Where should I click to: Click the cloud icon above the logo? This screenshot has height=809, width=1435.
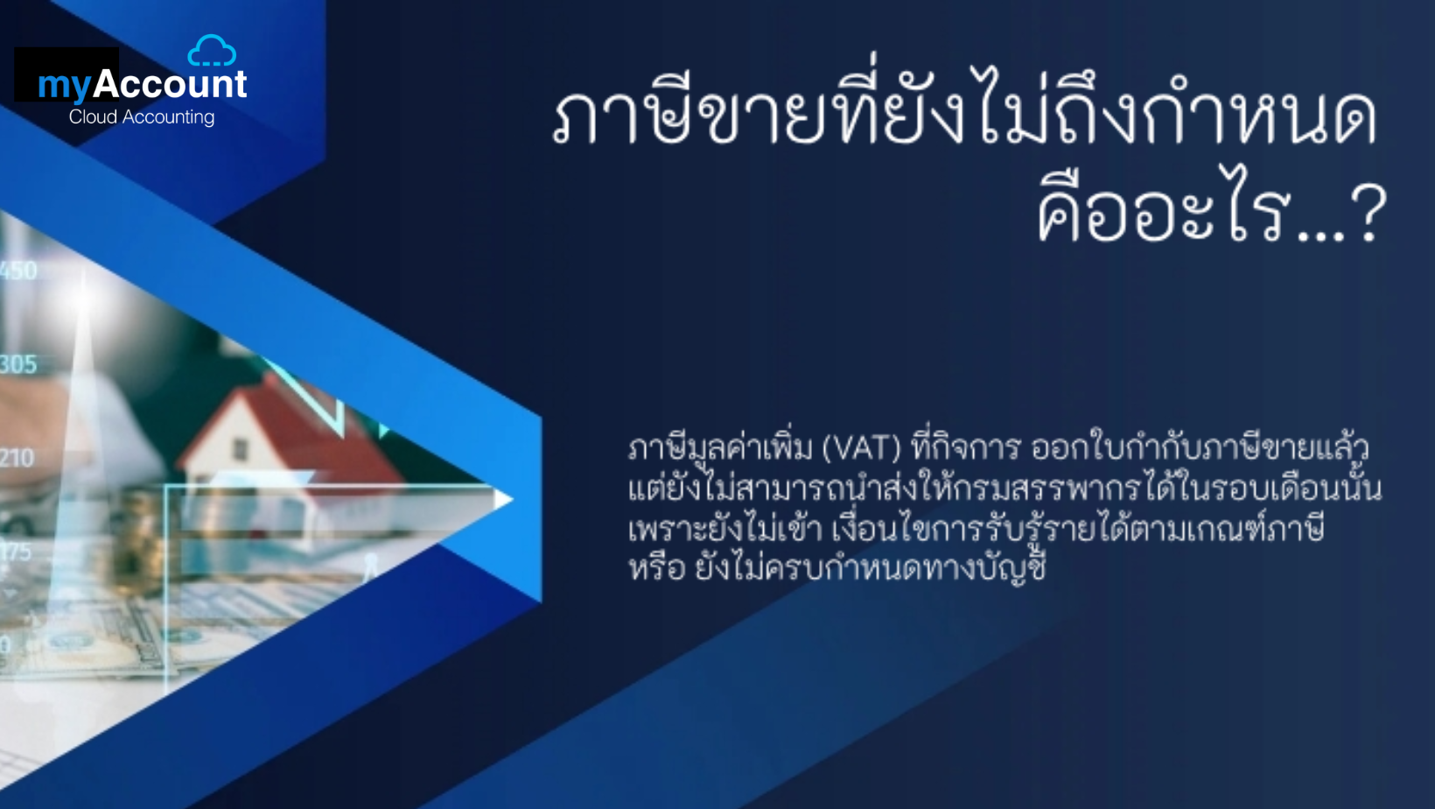(x=212, y=51)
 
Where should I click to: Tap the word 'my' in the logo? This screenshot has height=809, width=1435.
(x=65, y=86)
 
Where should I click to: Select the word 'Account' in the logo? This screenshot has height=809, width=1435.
(x=170, y=83)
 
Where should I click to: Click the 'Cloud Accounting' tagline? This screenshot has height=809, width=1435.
(x=142, y=117)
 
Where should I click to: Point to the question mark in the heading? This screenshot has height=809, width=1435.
(x=1369, y=213)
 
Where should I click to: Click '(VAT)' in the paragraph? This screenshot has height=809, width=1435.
(x=861, y=448)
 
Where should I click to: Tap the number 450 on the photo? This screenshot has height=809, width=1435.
(x=18, y=271)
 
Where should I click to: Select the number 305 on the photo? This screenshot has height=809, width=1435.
(x=18, y=364)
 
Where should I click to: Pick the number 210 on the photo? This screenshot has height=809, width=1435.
(x=17, y=458)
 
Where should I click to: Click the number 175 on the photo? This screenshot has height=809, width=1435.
(x=16, y=552)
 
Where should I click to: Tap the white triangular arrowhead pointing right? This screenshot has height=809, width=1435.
(x=503, y=499)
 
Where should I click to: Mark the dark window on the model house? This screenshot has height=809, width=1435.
(x=241, y=449)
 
